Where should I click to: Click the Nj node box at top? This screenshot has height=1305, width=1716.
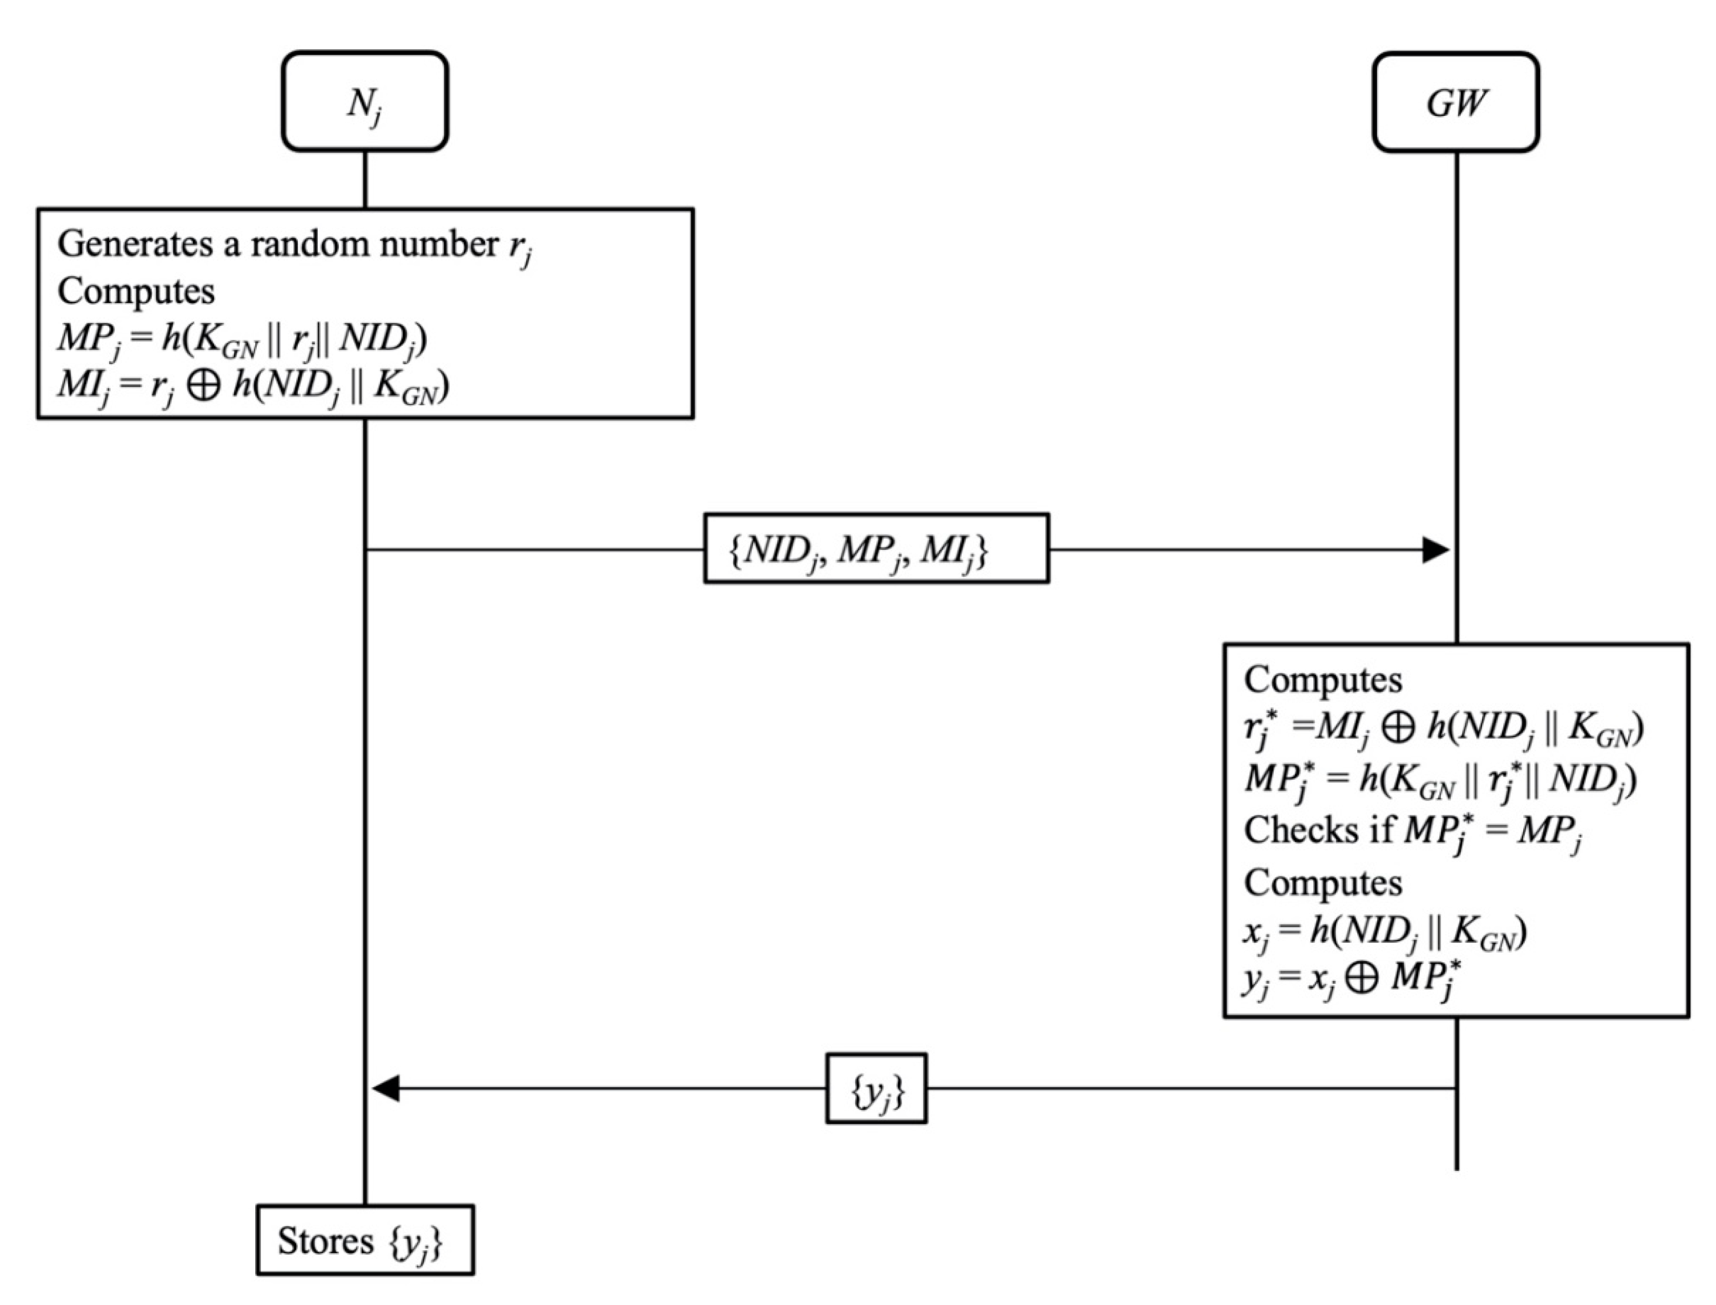[x=364, y=101]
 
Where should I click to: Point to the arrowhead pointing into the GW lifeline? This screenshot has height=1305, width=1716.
[x=1436, y=549]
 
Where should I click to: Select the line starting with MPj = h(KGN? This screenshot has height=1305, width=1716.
[x=242, y=339]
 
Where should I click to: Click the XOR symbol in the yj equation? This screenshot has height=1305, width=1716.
[x=1362, y=977]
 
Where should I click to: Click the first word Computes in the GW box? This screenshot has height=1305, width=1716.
[x=1323, y=680]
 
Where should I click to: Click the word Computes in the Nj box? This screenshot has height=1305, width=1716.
[x=136, y=291]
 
